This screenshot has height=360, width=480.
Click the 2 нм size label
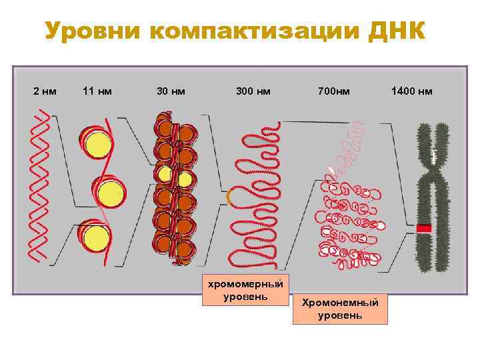point(45,91)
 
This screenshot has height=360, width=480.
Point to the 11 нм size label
point(97,91)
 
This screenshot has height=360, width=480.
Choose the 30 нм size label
point(171,91)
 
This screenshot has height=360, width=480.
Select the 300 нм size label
point(253,91)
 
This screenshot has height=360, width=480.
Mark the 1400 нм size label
point(411,91)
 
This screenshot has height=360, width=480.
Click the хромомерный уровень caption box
point(245,289)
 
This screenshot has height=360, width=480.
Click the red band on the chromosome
point(424,229)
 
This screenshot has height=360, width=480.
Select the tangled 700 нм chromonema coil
point(343,213)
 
